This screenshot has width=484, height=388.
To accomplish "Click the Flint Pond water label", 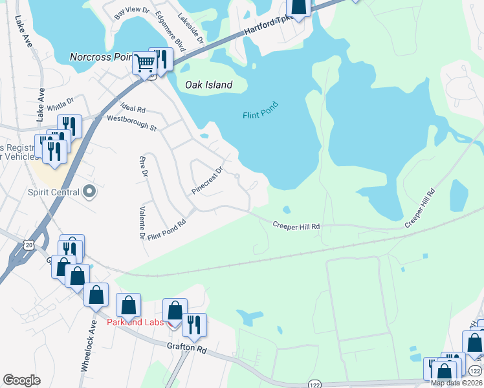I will [x=260, y=110].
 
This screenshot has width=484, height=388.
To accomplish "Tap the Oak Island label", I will [x=208, y=85].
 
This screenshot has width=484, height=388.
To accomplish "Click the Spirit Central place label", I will [x=53, y=192].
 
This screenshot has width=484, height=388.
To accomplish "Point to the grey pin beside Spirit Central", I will [x=90, y=192].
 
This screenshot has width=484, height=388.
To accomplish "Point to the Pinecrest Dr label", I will [x=207, y=180].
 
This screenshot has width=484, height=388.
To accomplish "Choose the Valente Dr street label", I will [x=142, y=222].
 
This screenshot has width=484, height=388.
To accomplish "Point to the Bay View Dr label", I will [x=131, y=12].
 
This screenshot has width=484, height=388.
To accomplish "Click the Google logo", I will [x=21, y=380].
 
